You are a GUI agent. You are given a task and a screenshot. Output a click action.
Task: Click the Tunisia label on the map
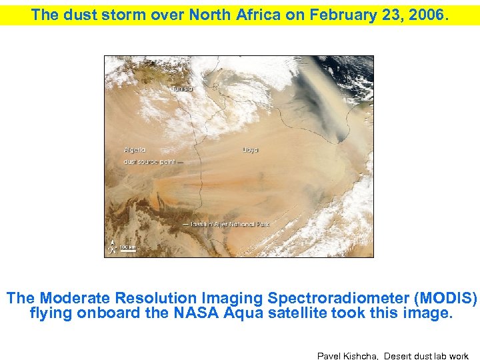pyautogui.click(x=182, y=89)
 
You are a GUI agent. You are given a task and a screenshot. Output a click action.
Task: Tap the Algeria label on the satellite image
pyautogui.click(x=135, y=150)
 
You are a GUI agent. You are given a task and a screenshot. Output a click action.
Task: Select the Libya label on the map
pyautogui.click(x=251, y=150)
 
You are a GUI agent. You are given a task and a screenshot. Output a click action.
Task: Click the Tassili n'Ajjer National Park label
pyautogui.click(x=230, y=225)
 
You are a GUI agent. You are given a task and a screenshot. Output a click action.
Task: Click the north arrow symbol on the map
pyautogui.click(x=114, y=245)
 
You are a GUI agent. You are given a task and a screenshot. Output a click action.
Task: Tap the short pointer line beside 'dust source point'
pyautogui.click(x=180, y=162)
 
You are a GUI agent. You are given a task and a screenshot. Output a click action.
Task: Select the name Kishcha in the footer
pyautogui.click(x=363, y=356)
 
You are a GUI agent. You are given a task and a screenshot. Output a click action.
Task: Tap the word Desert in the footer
pyautogui.click(x=400, y=356)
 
